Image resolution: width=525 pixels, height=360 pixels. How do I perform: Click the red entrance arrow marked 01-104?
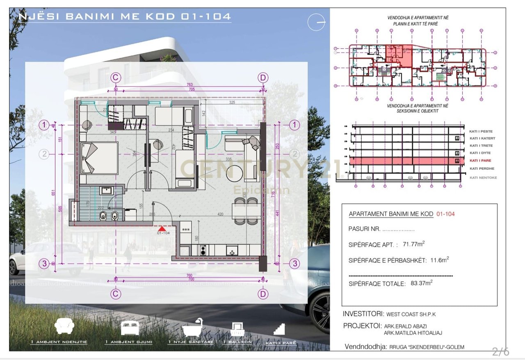point(162,228)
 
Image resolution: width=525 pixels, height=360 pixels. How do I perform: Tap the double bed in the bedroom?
point(98,158)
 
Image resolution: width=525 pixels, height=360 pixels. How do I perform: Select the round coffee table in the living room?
point(235,173)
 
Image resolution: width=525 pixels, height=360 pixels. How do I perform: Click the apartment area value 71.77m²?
point(413,244)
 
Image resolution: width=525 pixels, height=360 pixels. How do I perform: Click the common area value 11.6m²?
point(439,260)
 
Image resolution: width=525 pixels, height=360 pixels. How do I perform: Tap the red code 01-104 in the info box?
point(445,214)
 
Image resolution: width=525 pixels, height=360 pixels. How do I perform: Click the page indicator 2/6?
point(500,351)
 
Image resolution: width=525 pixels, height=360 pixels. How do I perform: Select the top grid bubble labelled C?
point(116,77)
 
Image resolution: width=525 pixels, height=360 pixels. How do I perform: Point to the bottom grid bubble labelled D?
point(263,294)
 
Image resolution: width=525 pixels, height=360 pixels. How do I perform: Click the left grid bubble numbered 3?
point(44,264)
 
